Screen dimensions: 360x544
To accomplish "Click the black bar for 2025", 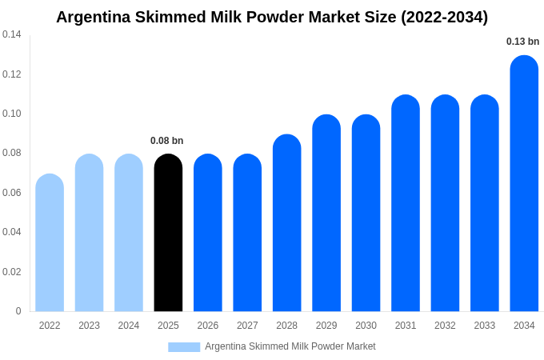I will coord(168,233).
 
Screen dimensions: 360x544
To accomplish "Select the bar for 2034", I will coord(524,184).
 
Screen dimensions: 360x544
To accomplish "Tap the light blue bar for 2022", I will coord(50,243).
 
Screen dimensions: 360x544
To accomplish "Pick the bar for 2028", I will coord(287,223).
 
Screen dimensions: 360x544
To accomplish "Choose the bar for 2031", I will coord(406,203).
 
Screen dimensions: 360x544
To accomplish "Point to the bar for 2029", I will coord(326,214).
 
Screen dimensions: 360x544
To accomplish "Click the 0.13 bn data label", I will coord(522,42).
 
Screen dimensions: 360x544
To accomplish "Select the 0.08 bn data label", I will coord(166,141).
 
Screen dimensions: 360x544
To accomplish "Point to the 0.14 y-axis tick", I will coord(12,34).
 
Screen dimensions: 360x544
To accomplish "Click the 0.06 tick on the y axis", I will coord(12,193).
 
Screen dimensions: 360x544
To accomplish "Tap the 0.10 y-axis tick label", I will coord(12,114).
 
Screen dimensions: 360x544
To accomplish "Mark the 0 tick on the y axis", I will coord(18,311).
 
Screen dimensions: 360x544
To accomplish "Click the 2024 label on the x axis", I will coord(129,326).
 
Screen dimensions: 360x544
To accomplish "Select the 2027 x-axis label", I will coord(247,326).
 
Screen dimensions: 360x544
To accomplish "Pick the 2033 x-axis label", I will coord(485,326).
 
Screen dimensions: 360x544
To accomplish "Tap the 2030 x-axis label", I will coord(366,326).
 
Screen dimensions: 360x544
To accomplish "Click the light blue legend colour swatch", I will coord(184,346).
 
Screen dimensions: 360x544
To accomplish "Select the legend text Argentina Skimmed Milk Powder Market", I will coord(290,346).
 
